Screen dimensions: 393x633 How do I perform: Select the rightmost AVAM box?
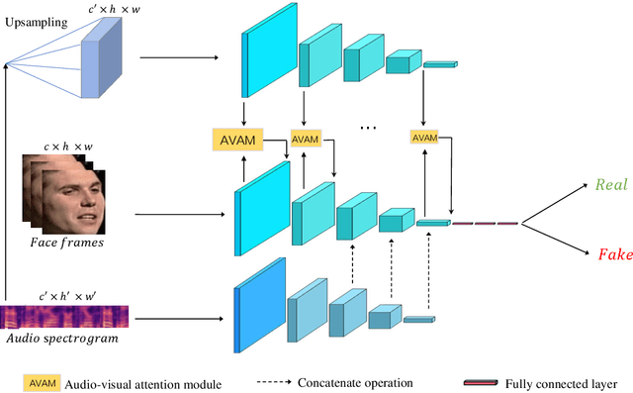pyautogui.click(x=424, y=136)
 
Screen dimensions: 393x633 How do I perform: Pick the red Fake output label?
pyautogui.click(x=613, y=254)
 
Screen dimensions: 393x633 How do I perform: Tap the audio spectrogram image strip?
pyautogui.click(x=64, y=317)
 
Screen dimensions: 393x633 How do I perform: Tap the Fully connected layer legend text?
pyautogui.click(x=560, y=382)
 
